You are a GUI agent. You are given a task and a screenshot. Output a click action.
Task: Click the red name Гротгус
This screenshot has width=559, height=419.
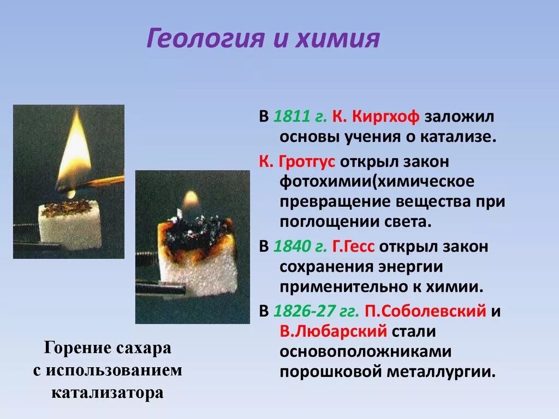click(309, 162)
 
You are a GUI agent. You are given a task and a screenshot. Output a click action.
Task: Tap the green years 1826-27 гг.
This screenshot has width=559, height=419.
click(316, 312)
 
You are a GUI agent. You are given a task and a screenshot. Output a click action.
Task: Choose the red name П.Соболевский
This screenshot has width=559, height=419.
click(425, 312)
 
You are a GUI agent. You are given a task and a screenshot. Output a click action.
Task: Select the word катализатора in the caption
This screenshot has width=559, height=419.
click(107, 392)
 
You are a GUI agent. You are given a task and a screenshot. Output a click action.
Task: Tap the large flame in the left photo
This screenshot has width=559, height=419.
click(74, 150)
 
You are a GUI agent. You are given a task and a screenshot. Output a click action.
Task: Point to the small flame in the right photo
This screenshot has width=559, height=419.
click(191, 200)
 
